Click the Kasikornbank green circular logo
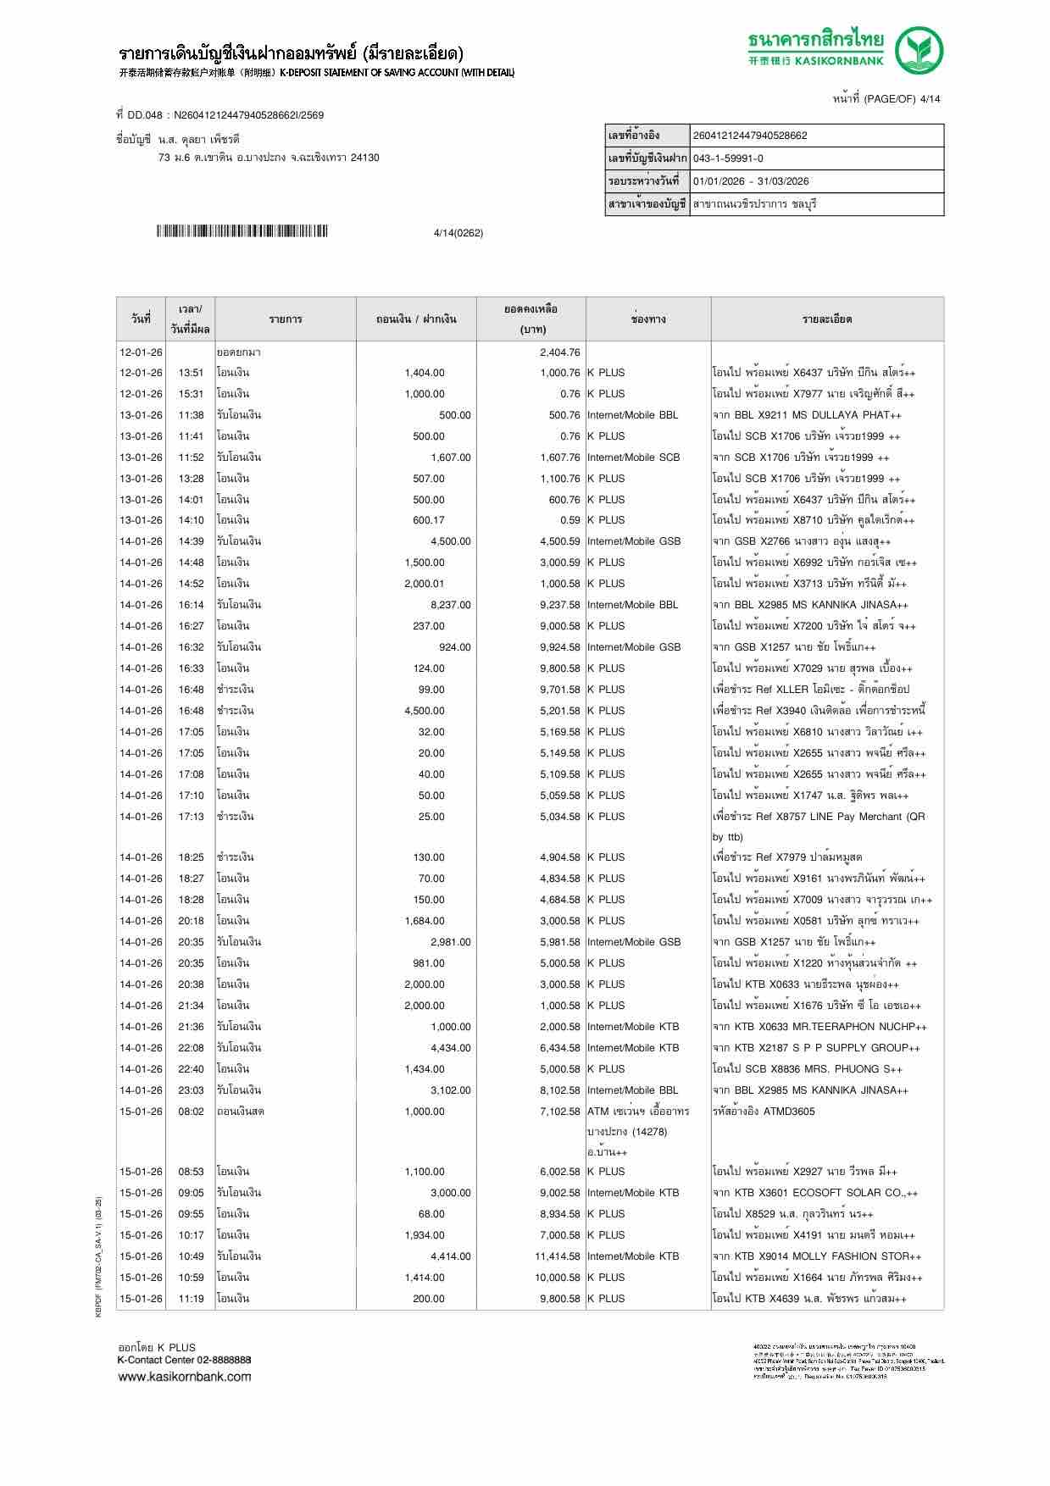tap(920, 51)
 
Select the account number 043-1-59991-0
tap(728, 158)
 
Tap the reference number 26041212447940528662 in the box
tap(750, 136)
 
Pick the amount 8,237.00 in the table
tap(450, 605)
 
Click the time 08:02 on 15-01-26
tap(191, 1112)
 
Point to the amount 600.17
tap(428, 520)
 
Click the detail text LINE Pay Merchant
tap(856, 817)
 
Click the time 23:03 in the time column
tap(191, 1090)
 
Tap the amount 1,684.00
tap(424, 921)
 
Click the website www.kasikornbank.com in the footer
tap(184, 1377)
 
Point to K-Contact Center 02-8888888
tap(184, 1360)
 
